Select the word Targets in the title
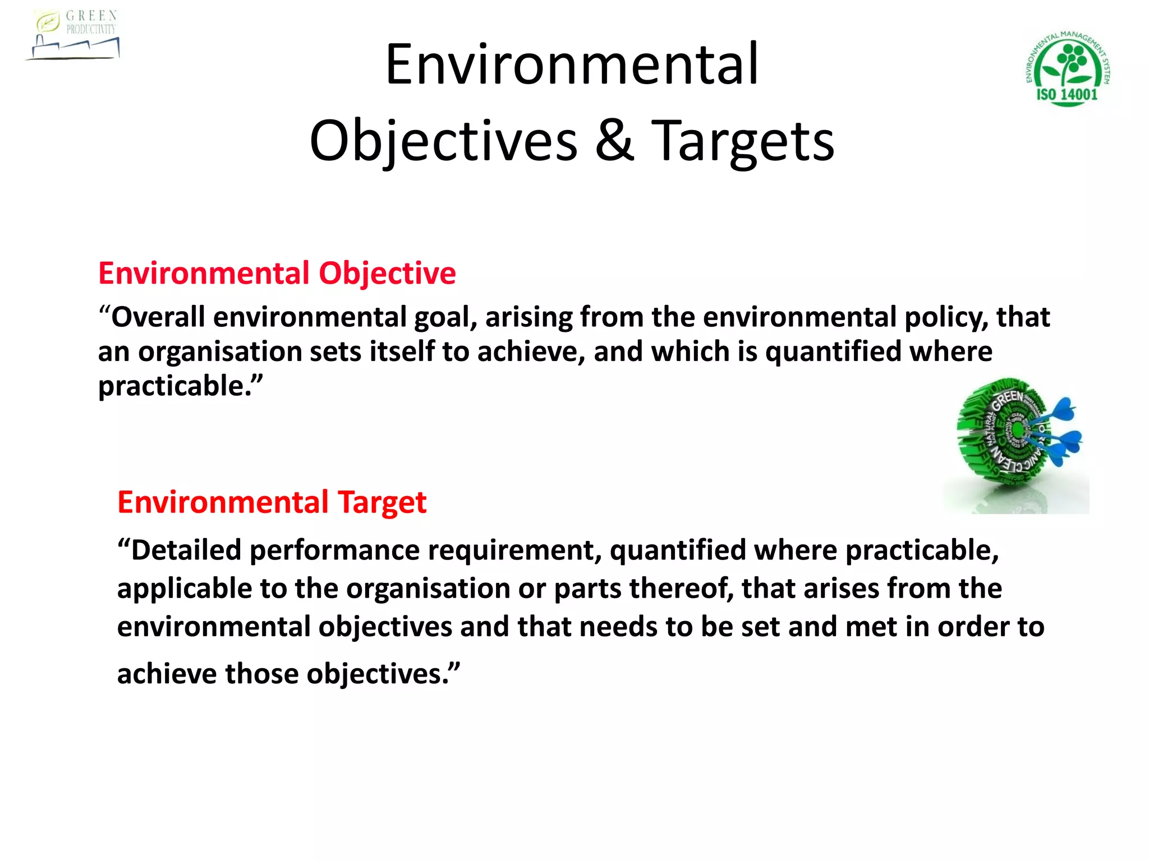[x=743, y=141]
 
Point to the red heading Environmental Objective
[x=277, y=274]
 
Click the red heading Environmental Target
[x=272, y=502]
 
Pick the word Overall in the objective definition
[x=158, y=317]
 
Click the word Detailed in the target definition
[x=186, y=550]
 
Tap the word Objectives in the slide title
[x=443, y=141]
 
